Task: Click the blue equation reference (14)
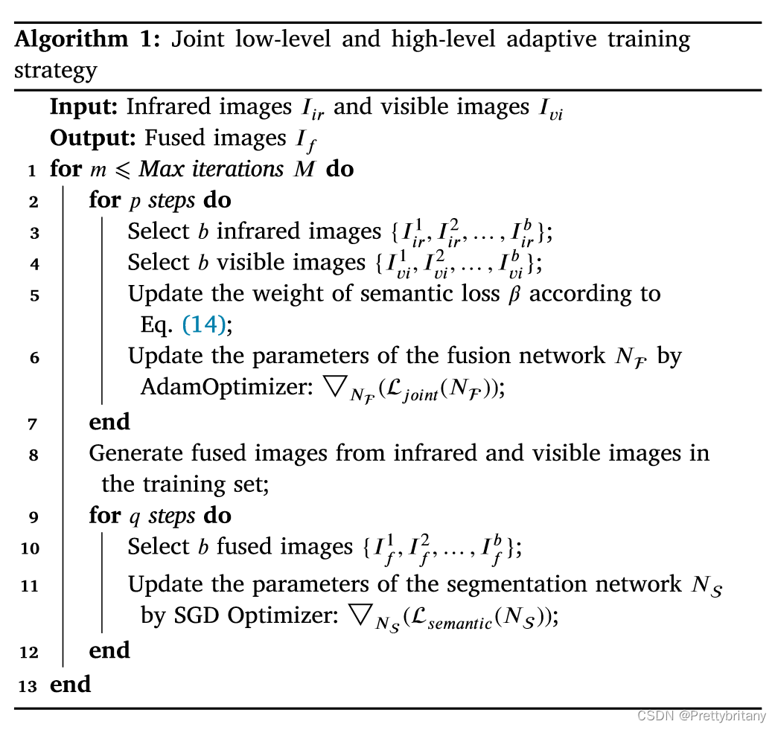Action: point(203,324)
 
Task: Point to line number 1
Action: point(32,171)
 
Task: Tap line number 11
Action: point(30,586)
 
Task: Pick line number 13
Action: point(28,686)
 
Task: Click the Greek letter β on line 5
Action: point(512,294)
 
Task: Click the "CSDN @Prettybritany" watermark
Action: point(702,716)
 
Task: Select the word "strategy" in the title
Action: point(56,71)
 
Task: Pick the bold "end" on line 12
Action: point(109,650)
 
